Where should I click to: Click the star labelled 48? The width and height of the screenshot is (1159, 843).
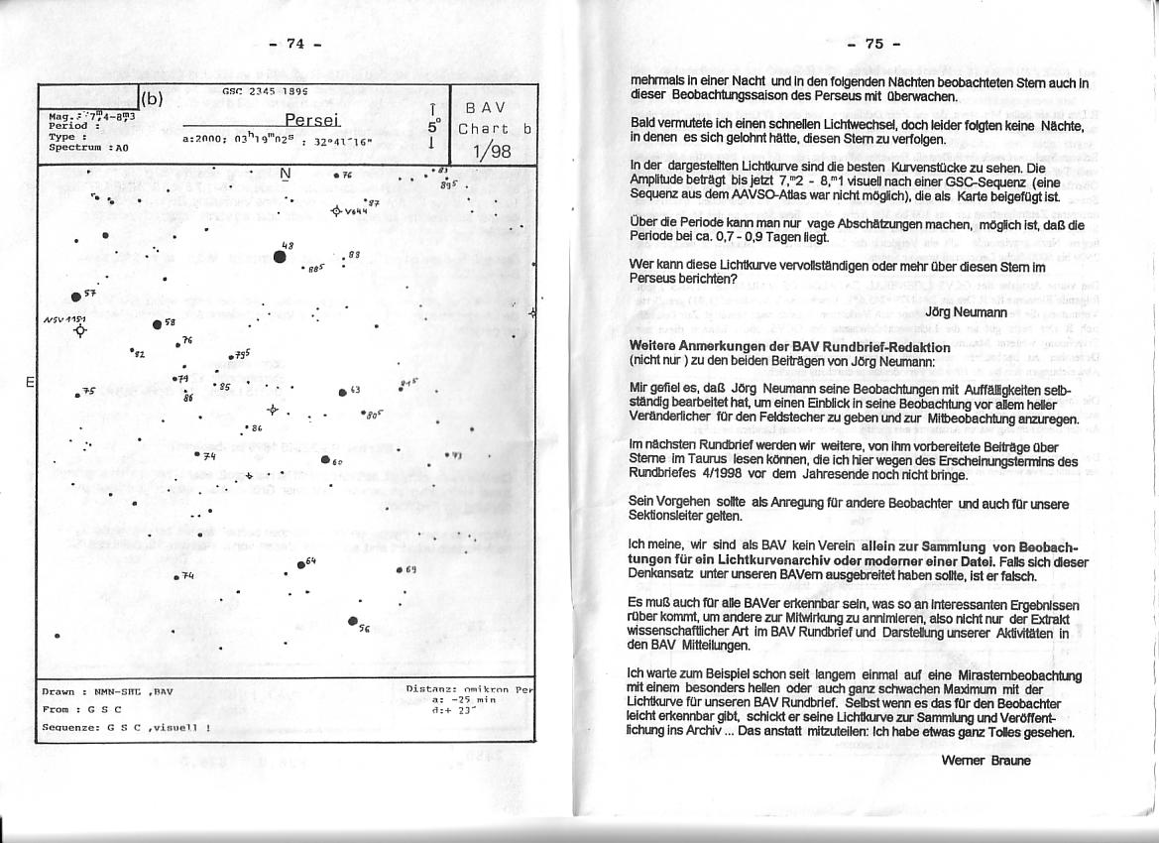click(281, 256)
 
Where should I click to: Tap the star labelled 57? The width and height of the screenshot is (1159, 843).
click(76, 297)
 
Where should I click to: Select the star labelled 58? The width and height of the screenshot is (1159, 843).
click(157, 324)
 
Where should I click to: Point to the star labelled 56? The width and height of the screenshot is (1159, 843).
click(353, 621)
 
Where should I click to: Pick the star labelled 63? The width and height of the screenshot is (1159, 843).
click(342, 392)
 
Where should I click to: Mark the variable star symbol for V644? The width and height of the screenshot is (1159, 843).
click(336, 210)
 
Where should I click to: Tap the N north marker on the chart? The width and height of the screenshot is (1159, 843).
click(286, 175)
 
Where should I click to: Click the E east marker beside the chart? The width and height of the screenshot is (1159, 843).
click(30, 382)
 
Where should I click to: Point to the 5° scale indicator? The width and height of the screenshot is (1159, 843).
click(432, 127)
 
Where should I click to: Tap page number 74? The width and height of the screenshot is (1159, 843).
click(294, 44)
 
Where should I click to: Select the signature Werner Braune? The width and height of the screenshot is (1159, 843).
click(986, 761)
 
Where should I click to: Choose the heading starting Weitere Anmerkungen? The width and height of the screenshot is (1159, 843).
click(790, 347)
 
